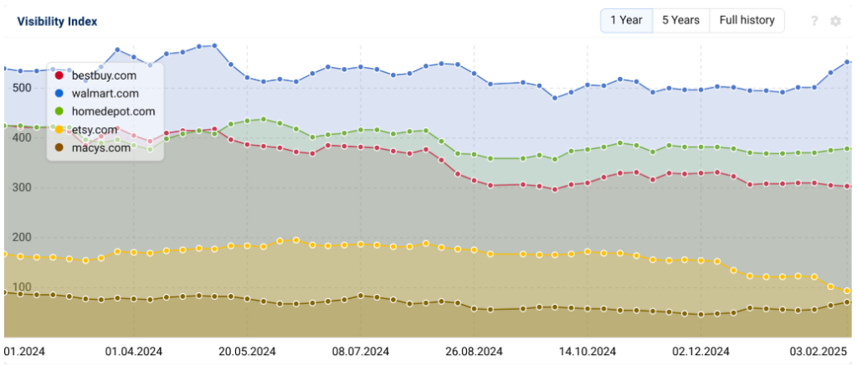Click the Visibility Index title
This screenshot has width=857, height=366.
(57, 22)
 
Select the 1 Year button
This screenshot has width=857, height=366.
(626, 20)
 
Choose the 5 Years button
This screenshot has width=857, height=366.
(680, 20)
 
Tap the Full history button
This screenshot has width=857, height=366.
(747, 20)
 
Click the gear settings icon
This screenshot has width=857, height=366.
(835, 21)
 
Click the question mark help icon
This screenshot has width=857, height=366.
(814, 21)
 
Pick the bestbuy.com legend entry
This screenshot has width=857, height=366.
(104, 75)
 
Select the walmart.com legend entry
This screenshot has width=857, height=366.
(105, 93)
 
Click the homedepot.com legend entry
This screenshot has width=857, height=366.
(113, 111)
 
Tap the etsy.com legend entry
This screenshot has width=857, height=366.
(95, 130)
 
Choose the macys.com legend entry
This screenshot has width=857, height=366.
(100, 147)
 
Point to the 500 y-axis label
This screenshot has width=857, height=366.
(22, 88)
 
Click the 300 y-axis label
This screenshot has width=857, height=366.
(22, 188)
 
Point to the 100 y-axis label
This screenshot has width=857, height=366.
(22, 287)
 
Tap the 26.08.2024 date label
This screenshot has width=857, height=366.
(474, 352)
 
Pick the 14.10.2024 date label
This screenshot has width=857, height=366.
(586, 352)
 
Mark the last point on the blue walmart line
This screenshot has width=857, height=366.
(848, 62)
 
